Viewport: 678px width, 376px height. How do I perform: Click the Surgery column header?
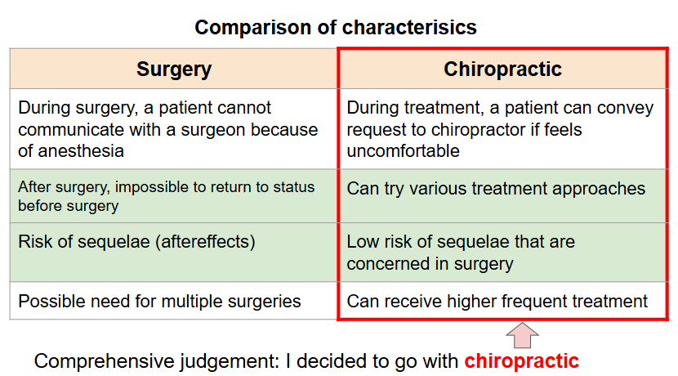tap(174, 69)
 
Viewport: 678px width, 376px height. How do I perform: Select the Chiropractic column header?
tap(503, 69)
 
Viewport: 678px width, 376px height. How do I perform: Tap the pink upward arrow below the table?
tap(522, 335)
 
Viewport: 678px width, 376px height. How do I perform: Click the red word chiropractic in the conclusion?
tap(521, 360)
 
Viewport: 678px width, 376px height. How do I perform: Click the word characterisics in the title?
tap(409, 27)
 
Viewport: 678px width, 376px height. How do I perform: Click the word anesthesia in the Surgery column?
tap(81, 151)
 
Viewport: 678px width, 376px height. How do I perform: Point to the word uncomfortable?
tap(403, 151)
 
